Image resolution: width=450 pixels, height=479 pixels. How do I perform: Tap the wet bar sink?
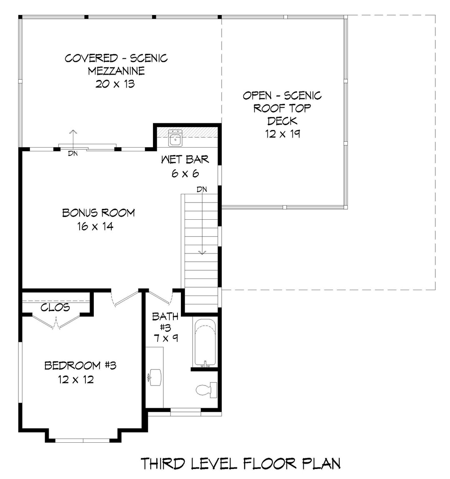(175, 138)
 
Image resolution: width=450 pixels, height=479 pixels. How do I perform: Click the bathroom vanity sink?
(155, 377)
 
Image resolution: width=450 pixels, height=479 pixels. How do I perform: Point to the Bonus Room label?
(98, 213)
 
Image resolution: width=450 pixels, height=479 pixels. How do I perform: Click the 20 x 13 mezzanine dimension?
(115, 84)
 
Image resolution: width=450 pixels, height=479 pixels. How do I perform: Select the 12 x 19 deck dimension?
(282, 134)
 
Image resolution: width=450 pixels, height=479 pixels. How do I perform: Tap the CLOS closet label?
(55, 308)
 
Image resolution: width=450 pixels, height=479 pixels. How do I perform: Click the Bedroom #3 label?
(80, 366)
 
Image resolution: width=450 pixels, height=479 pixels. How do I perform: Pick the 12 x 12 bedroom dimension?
(76, 379)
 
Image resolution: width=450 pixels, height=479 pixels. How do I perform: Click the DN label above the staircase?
(202, 190)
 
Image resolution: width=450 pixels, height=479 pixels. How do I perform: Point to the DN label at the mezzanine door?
(73, 153)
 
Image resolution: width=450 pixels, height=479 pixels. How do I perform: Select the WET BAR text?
(185, 159)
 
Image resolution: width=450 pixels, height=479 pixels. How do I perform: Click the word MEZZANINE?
(116, 71)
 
